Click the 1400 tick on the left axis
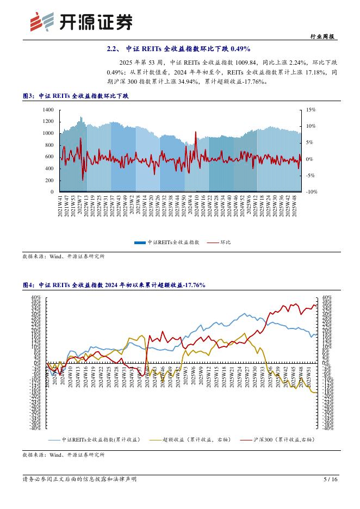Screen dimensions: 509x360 47,110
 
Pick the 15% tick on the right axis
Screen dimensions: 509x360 311,110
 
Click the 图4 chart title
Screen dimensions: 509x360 114,285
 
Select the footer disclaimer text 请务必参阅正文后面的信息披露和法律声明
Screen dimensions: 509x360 79,479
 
